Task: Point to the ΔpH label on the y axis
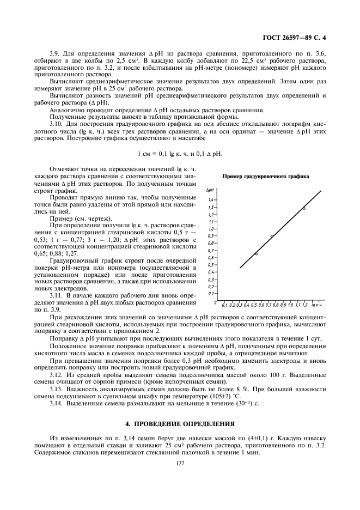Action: (x=209, y=190)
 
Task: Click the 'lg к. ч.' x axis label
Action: (x=317, y=305)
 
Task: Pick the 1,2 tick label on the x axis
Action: (x=305, y=305)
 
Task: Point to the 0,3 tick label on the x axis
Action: (x=239, y=305)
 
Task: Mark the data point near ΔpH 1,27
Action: (x=304, y=208)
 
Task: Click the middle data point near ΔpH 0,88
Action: (x=272, y=236)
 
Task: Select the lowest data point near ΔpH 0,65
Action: (x=256, y=253)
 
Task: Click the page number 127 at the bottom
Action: (x=180, y=464)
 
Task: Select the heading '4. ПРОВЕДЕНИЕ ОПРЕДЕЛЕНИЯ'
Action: (x=180, y=423)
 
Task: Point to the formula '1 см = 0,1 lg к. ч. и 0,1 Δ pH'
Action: (x=180, y=154)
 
